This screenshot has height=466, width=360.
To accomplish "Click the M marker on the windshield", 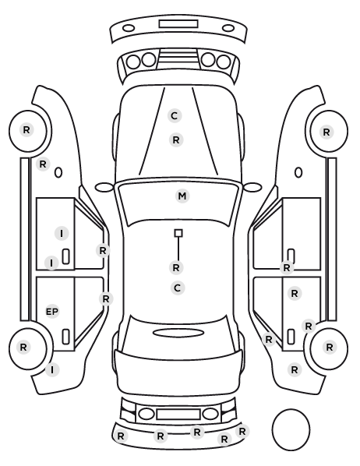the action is [182, 196].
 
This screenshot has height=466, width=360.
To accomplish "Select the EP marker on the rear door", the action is [52, 312].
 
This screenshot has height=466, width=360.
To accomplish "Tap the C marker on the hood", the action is [175, 115].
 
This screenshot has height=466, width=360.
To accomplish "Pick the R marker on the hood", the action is [176, 139].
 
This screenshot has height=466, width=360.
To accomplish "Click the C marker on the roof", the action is [177, 288].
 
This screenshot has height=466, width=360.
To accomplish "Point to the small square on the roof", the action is [178, 233].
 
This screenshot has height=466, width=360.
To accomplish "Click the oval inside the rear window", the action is [178, 333].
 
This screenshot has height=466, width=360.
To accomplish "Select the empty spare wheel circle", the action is [291, 429].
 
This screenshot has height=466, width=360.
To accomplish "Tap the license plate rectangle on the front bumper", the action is [178, 24].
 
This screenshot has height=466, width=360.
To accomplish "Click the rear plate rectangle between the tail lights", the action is [178, 414].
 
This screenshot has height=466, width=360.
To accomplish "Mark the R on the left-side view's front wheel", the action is [26, 130].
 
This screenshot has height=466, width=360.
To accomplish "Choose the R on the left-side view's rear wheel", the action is [23, 347].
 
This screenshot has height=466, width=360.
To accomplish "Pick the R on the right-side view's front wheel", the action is [326, 132].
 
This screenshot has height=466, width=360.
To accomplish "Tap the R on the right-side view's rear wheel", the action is [330, 347].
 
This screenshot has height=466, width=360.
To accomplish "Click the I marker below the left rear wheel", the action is [52, 369].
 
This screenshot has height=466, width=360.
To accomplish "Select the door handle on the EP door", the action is [65, 337].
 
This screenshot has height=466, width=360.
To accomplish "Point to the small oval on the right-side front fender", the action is [298, 172].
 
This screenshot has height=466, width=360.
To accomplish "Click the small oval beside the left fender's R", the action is [58, 172].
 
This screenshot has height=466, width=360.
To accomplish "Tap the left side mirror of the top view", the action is [104, 187].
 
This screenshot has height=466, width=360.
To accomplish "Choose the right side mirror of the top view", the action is [252, 187].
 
